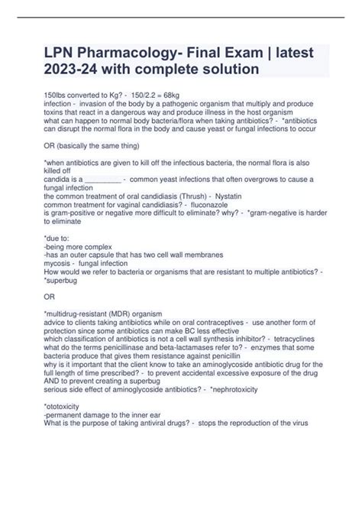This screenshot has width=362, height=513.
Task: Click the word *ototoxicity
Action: [x=65, y=404]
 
